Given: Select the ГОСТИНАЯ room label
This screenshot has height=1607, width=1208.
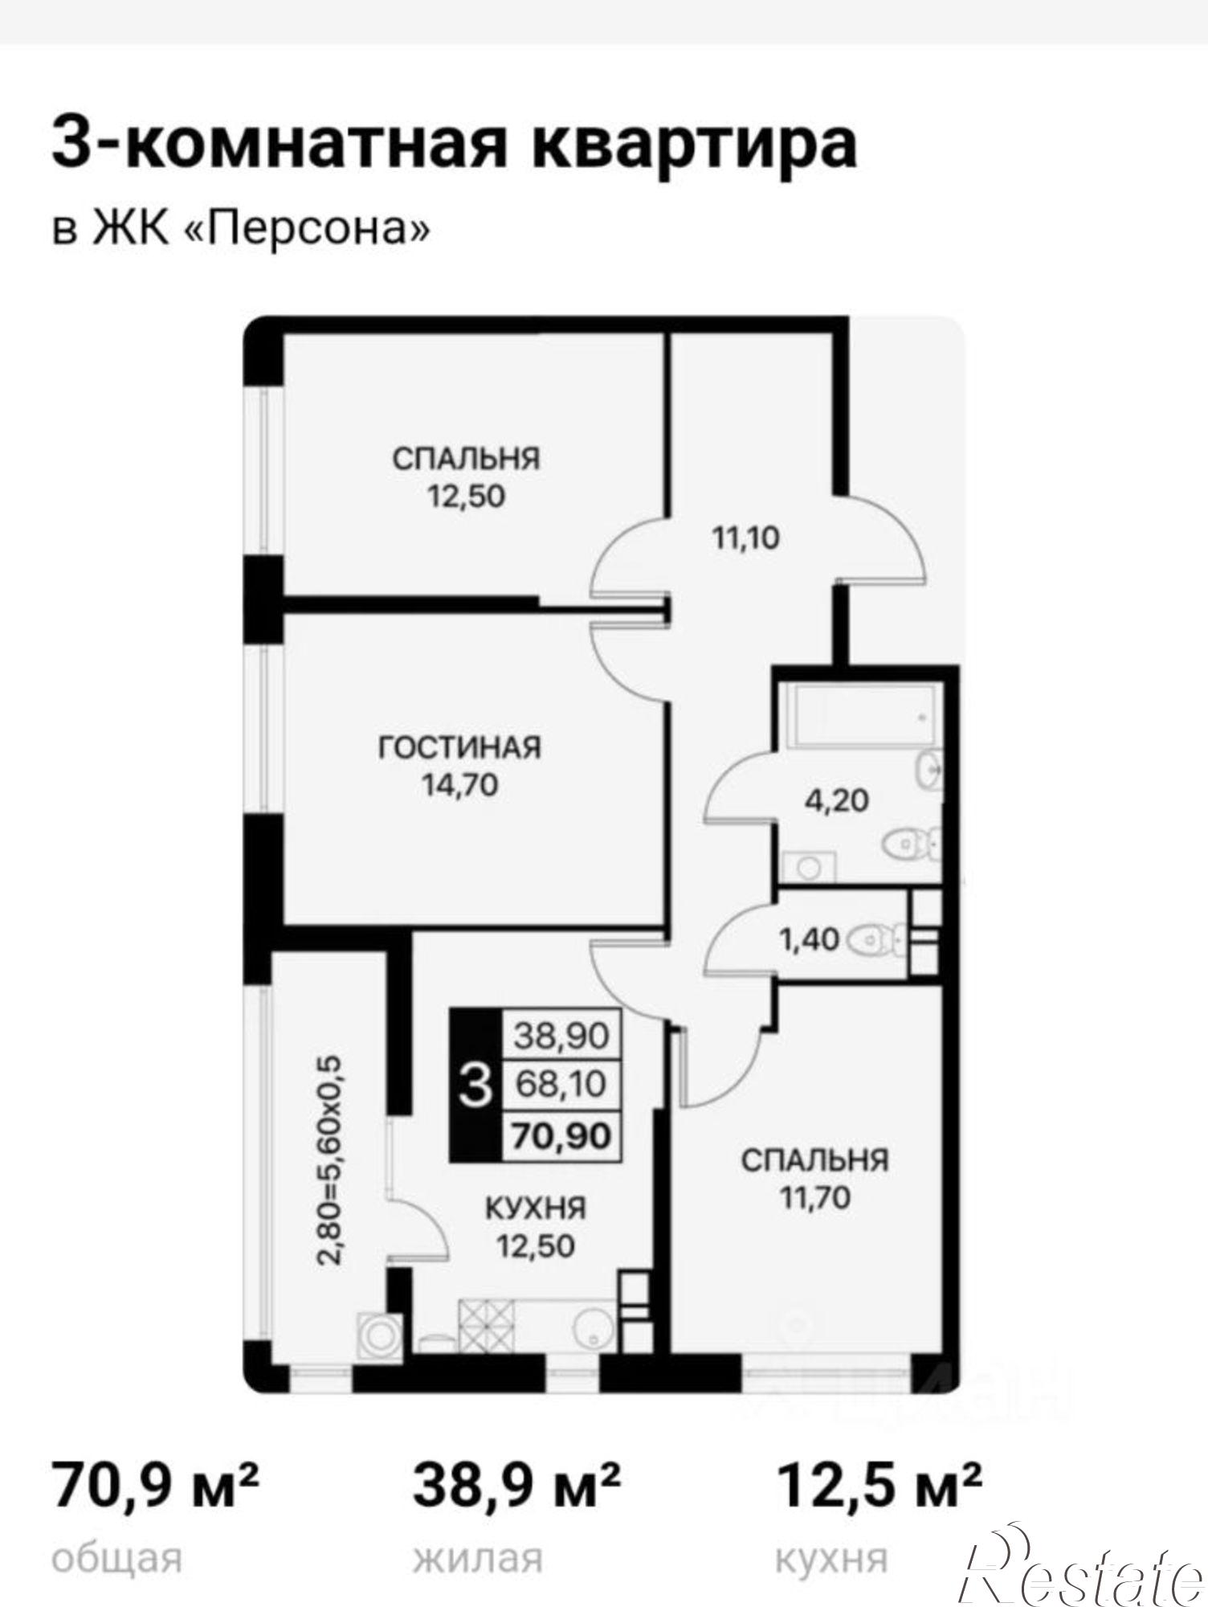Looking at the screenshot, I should click(460, 747).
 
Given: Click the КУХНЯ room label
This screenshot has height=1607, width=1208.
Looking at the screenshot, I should click(535, 1208).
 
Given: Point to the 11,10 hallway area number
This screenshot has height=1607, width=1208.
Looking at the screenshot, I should click(746, 538).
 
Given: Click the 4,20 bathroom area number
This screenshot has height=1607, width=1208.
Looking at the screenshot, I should click(837, 800).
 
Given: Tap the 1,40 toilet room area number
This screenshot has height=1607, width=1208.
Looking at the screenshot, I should click(809, 938).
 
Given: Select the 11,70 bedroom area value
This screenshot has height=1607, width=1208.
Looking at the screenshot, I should click(814, 1198).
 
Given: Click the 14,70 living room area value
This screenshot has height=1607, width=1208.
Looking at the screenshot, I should click(460, 784).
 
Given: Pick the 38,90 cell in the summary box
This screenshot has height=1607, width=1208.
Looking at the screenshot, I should click(561, 1036).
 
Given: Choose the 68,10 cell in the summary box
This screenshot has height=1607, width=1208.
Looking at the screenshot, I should click(561, 1084).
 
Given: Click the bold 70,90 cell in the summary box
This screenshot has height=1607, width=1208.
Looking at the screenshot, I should click(561, 1135).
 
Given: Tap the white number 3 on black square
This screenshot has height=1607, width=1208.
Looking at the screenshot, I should click(476, 1084).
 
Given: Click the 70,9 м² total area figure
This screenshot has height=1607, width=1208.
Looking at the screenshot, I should click(156, 1486).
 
